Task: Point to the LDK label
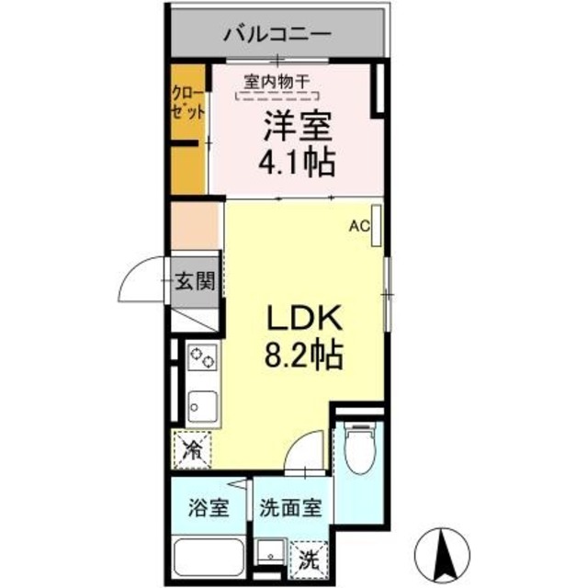point(304,318)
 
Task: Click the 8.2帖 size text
point(304,355)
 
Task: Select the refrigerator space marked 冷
point(193,449)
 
